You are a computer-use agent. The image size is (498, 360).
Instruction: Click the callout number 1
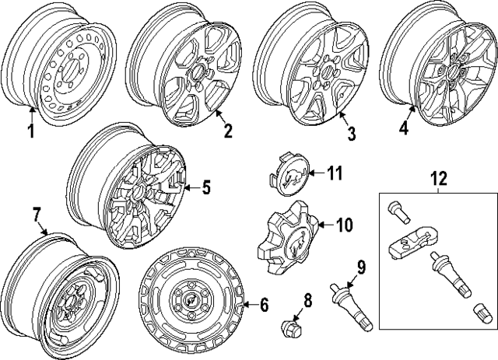pos(32,131)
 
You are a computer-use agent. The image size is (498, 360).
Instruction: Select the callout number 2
pos(227,130)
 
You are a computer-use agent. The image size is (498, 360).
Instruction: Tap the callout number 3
pos(350,134)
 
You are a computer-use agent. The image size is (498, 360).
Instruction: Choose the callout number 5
pos(206,187)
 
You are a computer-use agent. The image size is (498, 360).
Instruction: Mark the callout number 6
pos(264,305)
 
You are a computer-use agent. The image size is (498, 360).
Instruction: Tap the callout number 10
pos(343,225)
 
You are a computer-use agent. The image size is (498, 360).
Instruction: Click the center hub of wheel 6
pos(190,301)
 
